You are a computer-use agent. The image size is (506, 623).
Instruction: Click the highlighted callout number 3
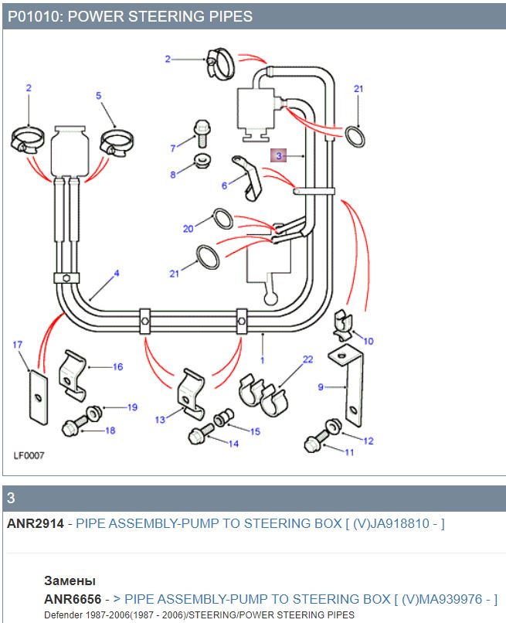click(279, 155)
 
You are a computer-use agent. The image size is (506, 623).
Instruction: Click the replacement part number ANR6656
click(72, 599)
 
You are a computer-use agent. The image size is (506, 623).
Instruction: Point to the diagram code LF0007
click(29, 455)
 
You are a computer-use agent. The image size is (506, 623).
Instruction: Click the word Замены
click(70, 580)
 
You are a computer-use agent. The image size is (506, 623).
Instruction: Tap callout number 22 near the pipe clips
click(307, 359)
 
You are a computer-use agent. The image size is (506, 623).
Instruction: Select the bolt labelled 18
click(76, 425)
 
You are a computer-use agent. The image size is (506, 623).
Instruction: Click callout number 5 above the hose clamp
click(99, 95)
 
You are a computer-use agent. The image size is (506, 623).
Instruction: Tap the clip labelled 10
click(341, 325)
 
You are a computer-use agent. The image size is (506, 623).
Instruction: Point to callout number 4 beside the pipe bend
click(117, 273)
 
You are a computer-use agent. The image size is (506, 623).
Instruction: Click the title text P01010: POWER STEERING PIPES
click(130, 16)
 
